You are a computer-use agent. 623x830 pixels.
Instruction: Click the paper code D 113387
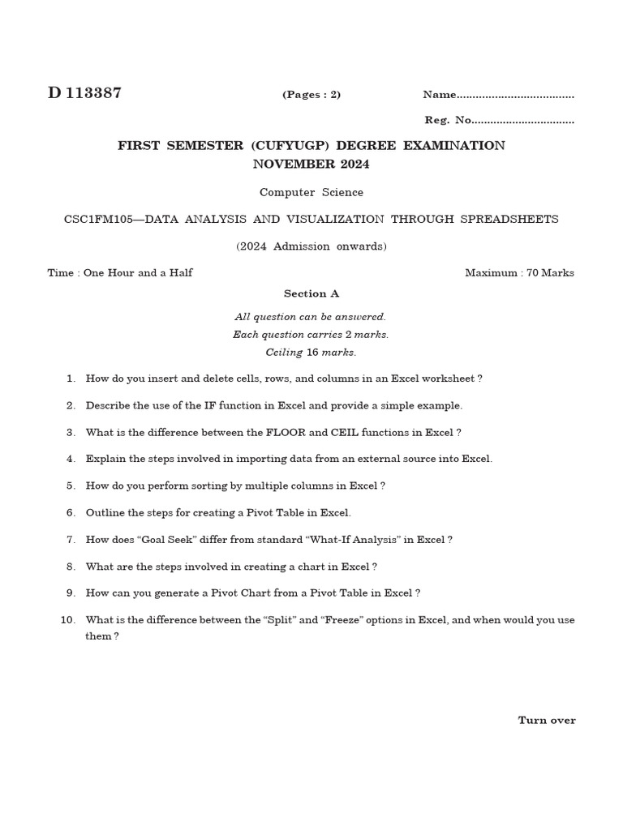84,92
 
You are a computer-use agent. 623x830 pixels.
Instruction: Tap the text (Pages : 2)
311,95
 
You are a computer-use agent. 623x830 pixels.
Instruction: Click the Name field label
439,95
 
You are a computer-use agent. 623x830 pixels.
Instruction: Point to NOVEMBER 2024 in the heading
311,164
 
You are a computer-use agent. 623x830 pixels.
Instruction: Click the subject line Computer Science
311,193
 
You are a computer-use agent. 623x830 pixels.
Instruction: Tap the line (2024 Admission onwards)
311,246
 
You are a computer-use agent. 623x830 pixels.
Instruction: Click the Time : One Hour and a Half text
120,273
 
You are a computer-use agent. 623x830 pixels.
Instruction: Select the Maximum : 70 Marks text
519,273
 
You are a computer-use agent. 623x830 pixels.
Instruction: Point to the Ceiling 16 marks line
311,353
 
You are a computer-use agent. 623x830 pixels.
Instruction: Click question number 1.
71,379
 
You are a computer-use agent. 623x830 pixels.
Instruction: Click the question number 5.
71,486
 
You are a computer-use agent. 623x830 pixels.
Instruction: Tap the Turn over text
547,721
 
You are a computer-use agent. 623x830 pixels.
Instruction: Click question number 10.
68,620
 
